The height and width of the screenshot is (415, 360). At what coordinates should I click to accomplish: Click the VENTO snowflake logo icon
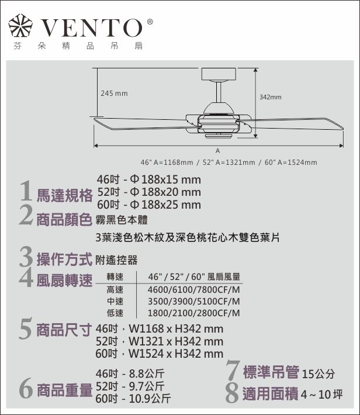20,25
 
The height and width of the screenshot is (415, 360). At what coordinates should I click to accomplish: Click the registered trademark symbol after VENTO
150,22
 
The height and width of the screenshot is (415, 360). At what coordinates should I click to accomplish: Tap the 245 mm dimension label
114,94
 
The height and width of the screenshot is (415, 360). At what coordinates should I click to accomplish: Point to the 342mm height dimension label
270,97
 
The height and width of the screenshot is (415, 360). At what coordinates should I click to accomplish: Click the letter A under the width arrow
217,151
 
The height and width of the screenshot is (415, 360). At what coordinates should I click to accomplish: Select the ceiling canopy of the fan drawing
219,74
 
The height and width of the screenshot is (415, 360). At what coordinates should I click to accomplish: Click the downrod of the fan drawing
219,92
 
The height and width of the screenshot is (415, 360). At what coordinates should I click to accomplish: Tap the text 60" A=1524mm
291,162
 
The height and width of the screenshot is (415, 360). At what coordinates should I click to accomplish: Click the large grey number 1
26,191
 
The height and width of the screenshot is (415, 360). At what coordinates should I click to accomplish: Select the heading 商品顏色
64,220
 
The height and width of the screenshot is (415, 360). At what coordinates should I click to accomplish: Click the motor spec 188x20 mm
171,192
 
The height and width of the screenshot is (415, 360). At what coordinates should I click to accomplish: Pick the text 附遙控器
116,260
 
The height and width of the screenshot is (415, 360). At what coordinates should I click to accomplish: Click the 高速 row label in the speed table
115,290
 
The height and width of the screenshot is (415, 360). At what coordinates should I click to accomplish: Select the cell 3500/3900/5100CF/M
194,302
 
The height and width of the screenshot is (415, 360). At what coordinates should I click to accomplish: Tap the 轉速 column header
115,277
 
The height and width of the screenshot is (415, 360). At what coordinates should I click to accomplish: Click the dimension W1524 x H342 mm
176,354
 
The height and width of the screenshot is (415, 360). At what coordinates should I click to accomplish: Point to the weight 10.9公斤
150,399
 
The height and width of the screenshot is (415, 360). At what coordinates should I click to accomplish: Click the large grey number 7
233,370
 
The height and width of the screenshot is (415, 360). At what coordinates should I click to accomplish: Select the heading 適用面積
271,394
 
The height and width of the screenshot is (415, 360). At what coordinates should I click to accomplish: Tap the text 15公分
318,373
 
